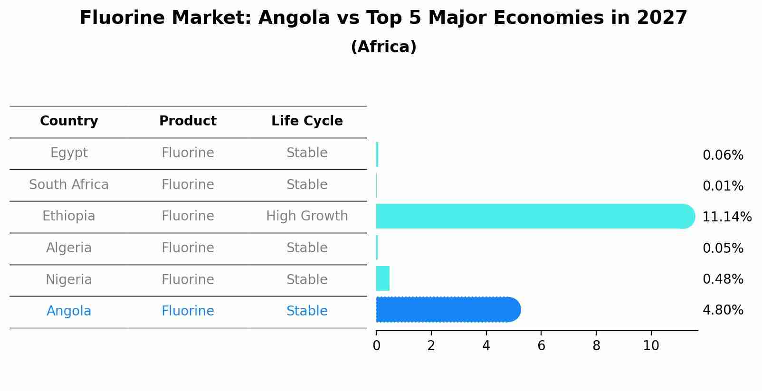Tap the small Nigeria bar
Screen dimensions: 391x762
tap(383, 278)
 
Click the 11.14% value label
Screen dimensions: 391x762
tap(726, 217)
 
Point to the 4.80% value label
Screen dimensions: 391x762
tap(723, 310)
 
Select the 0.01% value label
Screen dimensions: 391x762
tap(723, 186)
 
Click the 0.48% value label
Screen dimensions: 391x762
tap(723, 279)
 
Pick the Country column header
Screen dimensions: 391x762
tap(69, 121)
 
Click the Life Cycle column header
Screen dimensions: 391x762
tap(307, 121)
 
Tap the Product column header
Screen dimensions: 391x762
tap(188, 121)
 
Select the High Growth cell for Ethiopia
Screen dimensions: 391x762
tap(307, 216)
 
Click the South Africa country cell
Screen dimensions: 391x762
tap(69, 185)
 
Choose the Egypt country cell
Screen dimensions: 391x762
tap(69, 153)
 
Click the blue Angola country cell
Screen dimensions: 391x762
tap(69, 311)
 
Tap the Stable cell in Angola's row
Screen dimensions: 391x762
tap(307, 311)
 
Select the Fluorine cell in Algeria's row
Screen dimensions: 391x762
tap(188, 248)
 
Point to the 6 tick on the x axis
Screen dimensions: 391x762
tap(541, 346)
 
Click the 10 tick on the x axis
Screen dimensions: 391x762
tap(651, 346)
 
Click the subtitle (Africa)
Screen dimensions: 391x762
tap(383, 47)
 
